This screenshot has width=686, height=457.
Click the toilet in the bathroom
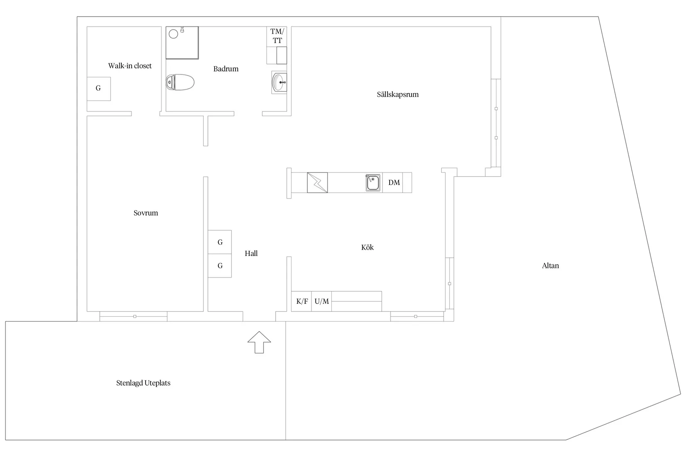(x=180, y=82)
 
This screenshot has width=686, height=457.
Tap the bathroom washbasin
(x=279, y=82)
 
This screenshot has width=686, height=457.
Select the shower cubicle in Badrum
(x=182, y=42)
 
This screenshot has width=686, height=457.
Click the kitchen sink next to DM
(x=373, y=182)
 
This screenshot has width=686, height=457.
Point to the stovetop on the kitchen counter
(x=317, y=182)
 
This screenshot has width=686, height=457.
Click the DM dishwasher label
(x=394, y=182)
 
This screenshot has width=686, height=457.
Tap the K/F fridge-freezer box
(x=302, y=301)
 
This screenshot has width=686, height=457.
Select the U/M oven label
(x=321, y=301)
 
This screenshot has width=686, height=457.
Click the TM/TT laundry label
(x=277, y=36)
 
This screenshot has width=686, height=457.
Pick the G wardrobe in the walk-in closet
(x=99, y=88)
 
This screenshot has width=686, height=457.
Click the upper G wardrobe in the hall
(x=220, y=242)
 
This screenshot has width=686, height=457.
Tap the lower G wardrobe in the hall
(x=220, y=266)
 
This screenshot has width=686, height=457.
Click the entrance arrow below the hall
(x=259, y=342)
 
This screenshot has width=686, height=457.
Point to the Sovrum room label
(x=146, y=213)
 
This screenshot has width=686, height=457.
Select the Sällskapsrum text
(x=397, y=94)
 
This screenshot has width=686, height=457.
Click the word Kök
(x=367, y=248)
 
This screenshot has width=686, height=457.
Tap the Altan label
(x=550, y=266)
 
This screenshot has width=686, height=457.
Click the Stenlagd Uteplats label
(x=143, y=383)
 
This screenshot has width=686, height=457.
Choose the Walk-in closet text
(x=130, y=66)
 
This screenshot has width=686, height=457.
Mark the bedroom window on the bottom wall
(x=134, y=317)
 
